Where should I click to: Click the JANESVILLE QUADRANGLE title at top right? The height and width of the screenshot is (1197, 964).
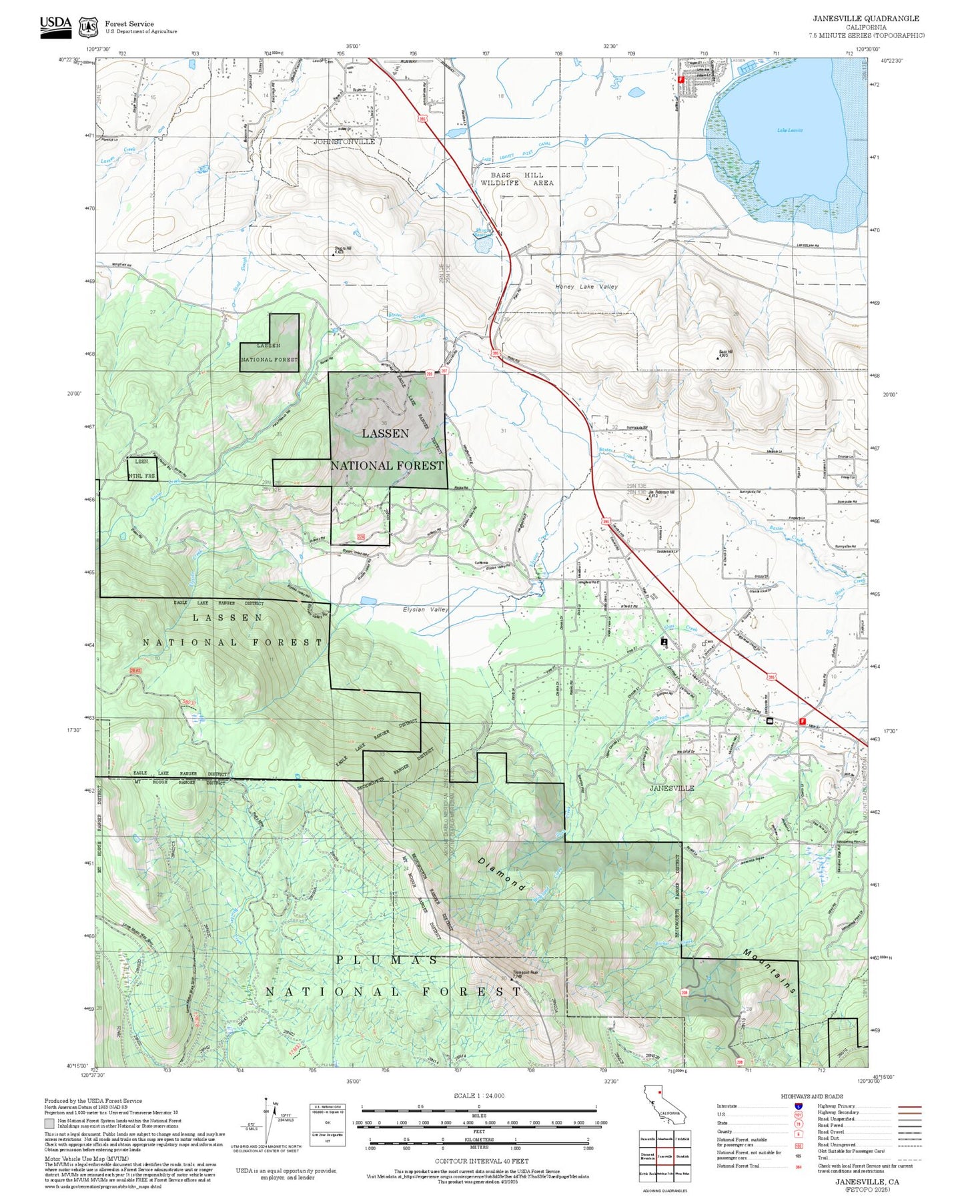(865, 19)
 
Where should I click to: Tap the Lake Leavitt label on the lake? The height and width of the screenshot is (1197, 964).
(790, 131)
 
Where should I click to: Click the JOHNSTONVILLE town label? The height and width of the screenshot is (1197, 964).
(344, 142)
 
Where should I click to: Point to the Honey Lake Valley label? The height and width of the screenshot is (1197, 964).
(586, 287)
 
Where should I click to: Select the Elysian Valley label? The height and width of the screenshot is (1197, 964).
(426, 610)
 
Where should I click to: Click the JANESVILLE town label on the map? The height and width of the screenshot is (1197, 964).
(672, 788)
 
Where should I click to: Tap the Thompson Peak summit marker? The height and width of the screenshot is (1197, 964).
(512, 979)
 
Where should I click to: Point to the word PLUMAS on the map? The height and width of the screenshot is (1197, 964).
(387, 960)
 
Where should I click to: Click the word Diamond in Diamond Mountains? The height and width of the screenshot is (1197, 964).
(502, 874)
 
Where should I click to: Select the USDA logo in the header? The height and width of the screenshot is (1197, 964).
(55, 26)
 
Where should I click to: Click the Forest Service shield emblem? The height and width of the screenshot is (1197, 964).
(88, 27)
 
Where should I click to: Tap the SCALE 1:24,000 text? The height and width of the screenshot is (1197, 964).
(479, 1096)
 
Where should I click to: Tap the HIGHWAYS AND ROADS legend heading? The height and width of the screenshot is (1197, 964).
(811, 1096)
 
